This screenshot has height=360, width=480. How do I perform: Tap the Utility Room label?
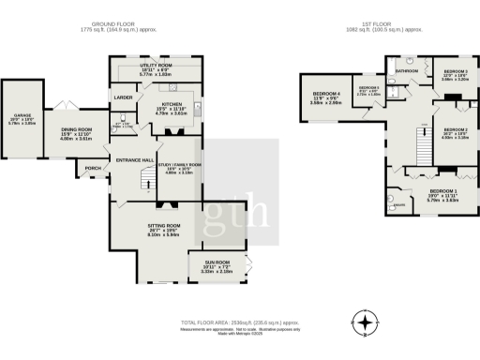click(154, 67)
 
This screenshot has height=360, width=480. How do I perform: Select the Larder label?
click(122, 97)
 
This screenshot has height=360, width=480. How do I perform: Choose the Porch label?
click(93, 170)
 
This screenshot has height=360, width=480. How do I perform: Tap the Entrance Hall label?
click(134, 160)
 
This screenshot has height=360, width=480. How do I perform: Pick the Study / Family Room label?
click(184, 165)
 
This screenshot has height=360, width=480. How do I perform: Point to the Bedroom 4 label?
click(326, 96)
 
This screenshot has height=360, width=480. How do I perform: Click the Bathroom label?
click(406, 70)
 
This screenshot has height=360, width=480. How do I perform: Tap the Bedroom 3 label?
click(456, 71)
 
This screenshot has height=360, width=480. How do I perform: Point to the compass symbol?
click(363, 321)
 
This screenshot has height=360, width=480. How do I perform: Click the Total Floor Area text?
click(240, 321)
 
